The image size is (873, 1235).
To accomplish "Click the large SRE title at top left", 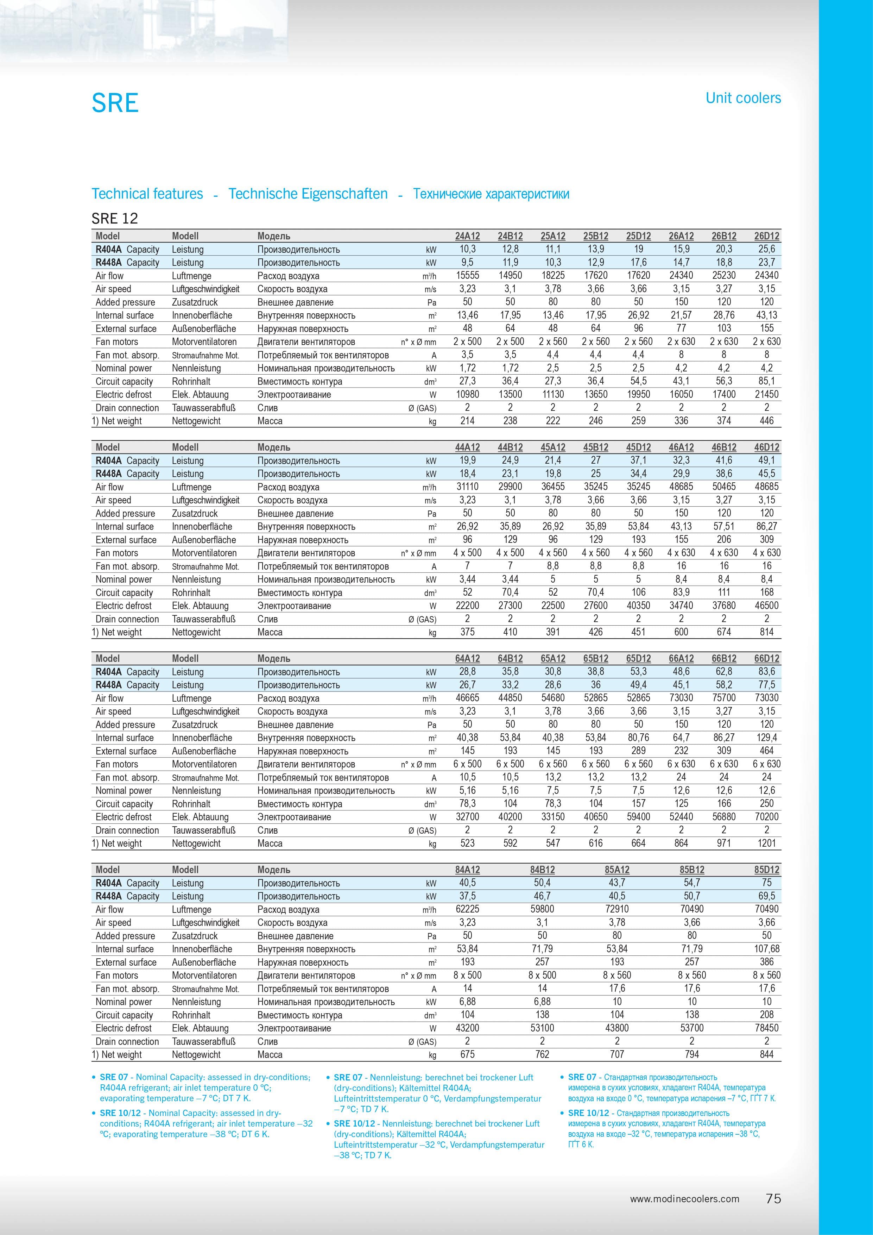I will click(115, 103).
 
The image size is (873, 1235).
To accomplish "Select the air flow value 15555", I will click(467, 275).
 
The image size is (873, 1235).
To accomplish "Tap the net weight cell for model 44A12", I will click(467, 632).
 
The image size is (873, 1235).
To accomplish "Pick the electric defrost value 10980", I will click(467, 394).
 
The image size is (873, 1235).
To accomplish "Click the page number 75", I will click(773, 1198).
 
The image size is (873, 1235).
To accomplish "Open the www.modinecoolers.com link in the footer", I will click(684, 1199).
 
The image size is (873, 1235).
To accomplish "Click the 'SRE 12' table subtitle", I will click(114, 218).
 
